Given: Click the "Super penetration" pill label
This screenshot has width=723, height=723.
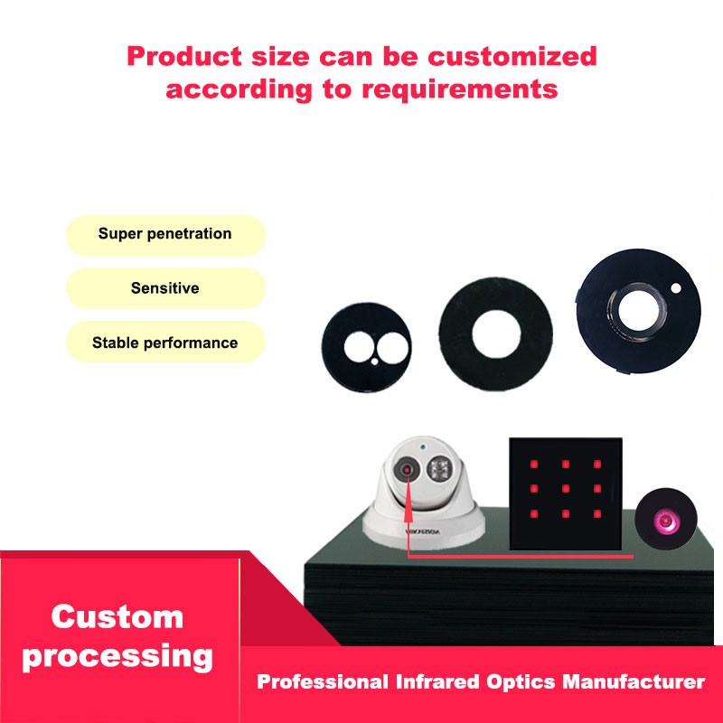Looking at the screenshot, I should pos(165,234).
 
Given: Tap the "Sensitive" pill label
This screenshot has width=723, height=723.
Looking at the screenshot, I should pos(165,289).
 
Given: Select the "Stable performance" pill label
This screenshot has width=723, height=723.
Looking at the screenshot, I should pos(165,343).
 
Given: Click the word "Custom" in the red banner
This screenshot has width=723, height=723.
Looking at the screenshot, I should pos(117,617).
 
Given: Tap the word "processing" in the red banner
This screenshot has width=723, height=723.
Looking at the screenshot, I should pos(117,656).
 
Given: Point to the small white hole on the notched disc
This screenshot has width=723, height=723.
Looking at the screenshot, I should pos(677,289).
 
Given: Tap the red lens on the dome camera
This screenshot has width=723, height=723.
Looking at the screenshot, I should pos(408,471).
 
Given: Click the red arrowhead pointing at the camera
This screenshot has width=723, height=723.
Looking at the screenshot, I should pos(408,519).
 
